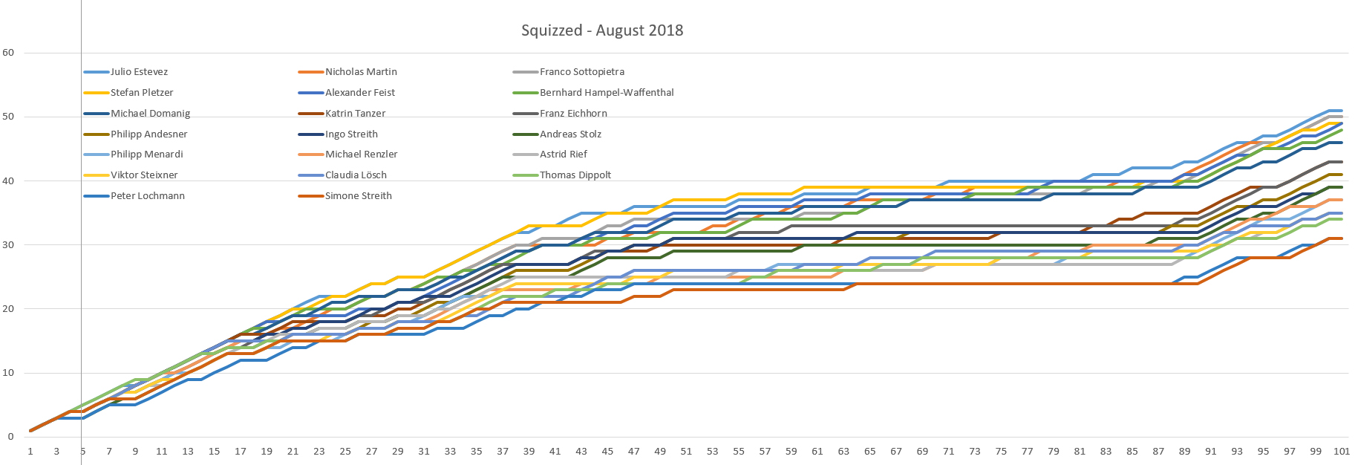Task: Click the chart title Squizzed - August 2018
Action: click(x=601, y=30)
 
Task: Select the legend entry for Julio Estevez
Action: click(x=139, y=72)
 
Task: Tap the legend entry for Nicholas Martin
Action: click(x=361, y=72)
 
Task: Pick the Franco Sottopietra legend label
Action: click(x=581, y=72)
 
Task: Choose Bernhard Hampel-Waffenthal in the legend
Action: click(x=607, y=93)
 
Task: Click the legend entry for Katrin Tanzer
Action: click(x=355, y=114)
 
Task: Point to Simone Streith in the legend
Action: click(x=358, y=196)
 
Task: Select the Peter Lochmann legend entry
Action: click(x=147, y=196)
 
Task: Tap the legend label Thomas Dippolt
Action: click(x=575, y=175)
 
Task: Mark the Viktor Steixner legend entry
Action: click(x=144, y=175)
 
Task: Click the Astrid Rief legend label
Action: click(x=563, y=155)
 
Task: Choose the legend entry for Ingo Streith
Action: click(x=351, y=134)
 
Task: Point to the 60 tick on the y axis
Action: click(x=8, y=53)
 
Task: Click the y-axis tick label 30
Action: click(x=8, y=245)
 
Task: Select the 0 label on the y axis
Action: click(x=10, y=437)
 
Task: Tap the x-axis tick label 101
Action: click(x=1341, y=451)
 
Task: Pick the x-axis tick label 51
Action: click(x=686, y=451)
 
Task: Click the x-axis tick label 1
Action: click(x=30, y=451)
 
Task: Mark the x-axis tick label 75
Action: click(x=1001, y=451)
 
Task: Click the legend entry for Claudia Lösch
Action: click(x=356, y=175)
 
